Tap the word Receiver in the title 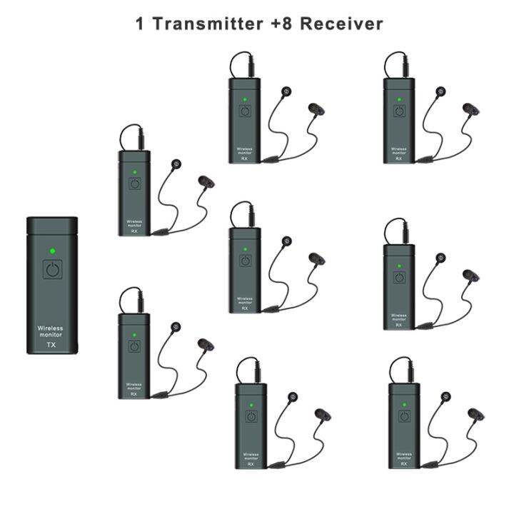click(x=341, y=23)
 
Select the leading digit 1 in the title click(x=140, y=23)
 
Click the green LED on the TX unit click(x=52, y=251)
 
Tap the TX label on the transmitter click(x=51, y=345)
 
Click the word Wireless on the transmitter click(x=50, y=328)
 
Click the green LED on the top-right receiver click(x=398, y=99)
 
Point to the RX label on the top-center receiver click(x=244, y=158)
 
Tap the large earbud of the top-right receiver click(x=468, y=109)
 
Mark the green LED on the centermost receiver click(x=244, y=249)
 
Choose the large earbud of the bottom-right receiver click(x=475, y=413)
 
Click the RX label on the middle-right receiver click(x=398, y=325)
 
